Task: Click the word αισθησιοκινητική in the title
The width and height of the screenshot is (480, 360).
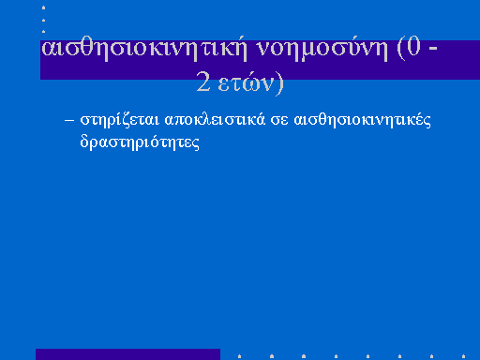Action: [144, 50]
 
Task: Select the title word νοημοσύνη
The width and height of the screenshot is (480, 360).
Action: [322, 50]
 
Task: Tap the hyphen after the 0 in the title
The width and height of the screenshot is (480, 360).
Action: [433, 49]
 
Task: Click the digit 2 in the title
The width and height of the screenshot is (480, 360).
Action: [203, 82]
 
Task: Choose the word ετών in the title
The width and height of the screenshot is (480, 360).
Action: [246, 82]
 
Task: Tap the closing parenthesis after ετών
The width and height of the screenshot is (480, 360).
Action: [279, 83]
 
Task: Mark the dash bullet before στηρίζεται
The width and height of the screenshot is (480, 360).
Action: [69, 120]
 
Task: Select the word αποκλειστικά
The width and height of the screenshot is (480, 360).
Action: [215, 120]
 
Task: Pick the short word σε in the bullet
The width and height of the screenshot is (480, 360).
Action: [279, 121]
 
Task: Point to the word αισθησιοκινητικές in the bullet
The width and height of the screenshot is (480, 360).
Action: [363, 120]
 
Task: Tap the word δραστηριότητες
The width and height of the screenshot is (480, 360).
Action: [140, 142]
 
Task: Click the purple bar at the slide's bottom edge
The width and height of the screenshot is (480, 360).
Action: [127, 354]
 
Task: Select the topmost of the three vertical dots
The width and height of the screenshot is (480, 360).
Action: [43, 7]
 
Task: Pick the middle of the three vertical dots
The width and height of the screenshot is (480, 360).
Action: [43, 20]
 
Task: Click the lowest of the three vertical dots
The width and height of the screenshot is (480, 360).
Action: [43, 31]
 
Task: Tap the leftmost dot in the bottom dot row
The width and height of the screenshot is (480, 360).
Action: [239, 356]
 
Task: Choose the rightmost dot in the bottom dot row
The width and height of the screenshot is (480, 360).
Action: [463, 356]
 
